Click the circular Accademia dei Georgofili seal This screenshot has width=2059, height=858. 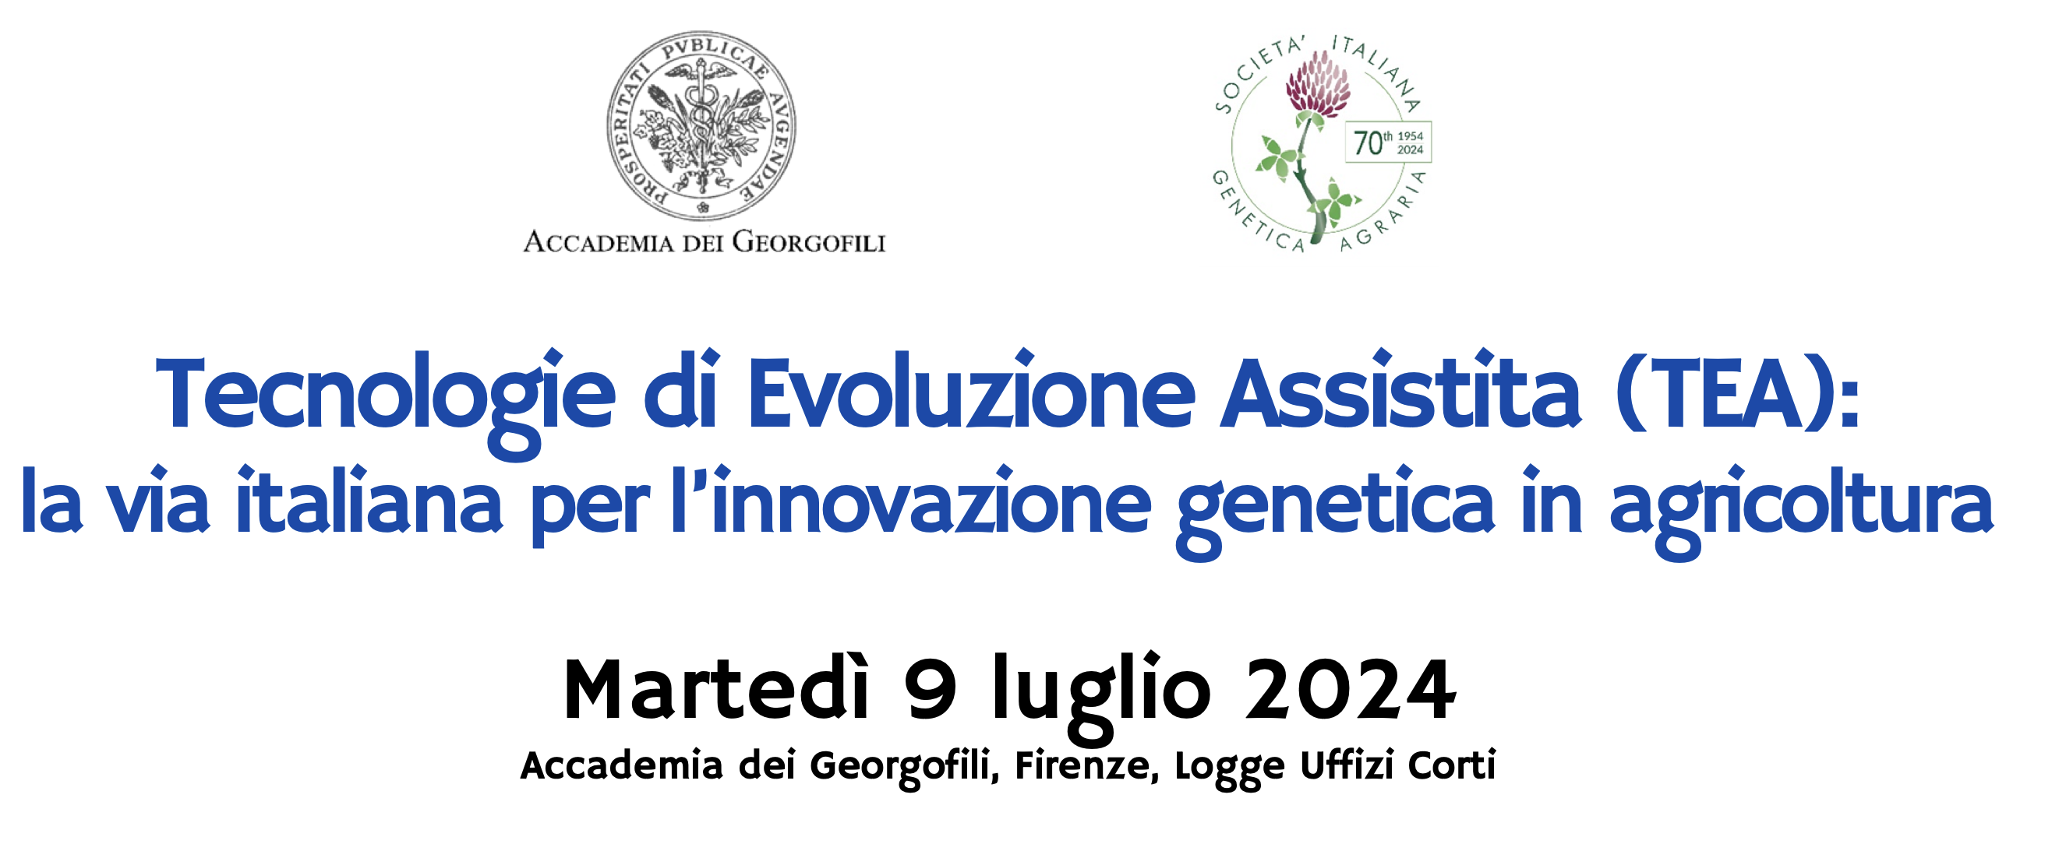tap(701, 125)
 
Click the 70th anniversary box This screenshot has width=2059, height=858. tap(1387, 143)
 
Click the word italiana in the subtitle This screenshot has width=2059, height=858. tap(369, 504)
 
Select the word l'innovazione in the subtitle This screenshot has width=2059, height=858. tap(910, 504)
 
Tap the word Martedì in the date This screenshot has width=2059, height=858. tap(716, 691)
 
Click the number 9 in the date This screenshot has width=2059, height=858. tap(931, 691)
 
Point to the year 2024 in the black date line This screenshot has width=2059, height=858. tap(1350, 691)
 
